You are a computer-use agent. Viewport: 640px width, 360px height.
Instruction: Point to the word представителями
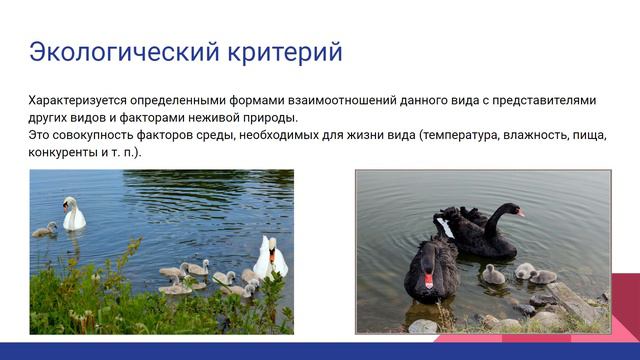(540, 100)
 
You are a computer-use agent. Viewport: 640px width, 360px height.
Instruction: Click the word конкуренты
(66, 152)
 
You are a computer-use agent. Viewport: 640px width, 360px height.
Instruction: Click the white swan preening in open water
(73, 214)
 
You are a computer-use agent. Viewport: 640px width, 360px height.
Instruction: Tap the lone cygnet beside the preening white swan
(44, 230)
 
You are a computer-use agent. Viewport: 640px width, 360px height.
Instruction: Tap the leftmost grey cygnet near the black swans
(493, 274)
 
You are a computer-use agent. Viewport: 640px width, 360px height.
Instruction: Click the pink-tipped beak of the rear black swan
(521, 213)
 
